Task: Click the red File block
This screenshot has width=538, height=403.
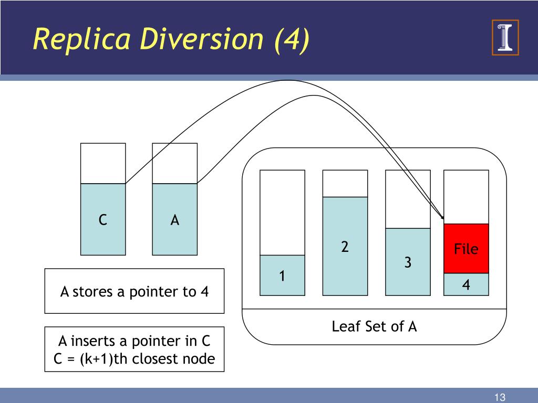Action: tap(466, 248)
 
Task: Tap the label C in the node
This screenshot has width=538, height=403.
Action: tap(103, 220)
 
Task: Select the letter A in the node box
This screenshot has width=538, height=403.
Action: tap(175, 220)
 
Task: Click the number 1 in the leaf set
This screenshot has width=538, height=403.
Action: tap(282, 276)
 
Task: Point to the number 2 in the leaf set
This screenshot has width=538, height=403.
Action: tap(345, 247)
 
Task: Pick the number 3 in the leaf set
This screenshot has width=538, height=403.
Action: tap(408, 262)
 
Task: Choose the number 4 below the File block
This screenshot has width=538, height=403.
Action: tap(466, 285)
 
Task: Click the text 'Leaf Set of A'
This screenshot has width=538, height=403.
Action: tap(374, 326)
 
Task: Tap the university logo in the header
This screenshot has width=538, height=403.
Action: tap(505, 37)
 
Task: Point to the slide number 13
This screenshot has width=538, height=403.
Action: tap(500, 397)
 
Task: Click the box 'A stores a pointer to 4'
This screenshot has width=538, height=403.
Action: tap(134, 291)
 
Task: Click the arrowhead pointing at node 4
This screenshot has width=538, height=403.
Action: tap(442, 217)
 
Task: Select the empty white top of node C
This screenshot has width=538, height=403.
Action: tap(103, 163)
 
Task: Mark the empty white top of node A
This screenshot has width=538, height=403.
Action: tap(175, 163)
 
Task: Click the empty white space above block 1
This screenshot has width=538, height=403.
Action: tap(282, 212)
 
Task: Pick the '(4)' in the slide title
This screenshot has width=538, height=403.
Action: tap(291, 40)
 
